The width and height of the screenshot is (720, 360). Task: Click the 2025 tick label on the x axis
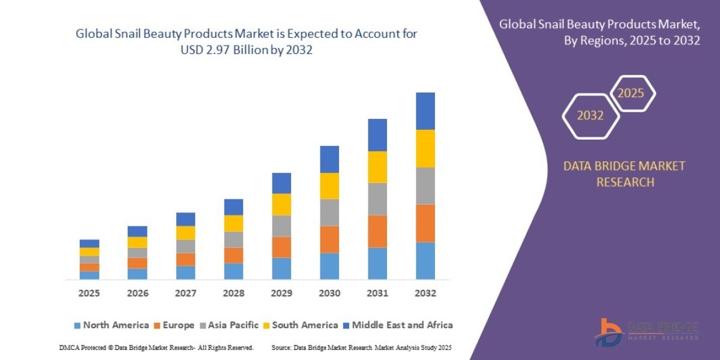[89, 293]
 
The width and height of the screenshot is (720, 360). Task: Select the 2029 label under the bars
[281, 293]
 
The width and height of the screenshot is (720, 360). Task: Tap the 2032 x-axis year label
[425, 293]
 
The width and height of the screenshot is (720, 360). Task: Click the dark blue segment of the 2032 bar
[425, 111]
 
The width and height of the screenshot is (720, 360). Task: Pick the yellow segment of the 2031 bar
[377, 167]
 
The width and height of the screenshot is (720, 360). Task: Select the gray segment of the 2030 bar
[329, 212]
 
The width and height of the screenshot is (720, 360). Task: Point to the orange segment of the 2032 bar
[425, 223]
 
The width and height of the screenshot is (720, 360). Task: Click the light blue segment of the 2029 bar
[281, 268]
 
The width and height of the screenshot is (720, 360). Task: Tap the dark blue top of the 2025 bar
[89, 244]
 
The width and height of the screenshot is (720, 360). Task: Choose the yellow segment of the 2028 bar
[233, 223]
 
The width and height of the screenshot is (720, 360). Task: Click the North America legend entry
[111, 325]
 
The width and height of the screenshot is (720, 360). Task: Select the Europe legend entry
[174, 325]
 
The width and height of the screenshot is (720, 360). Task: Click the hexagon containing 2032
[590, 116]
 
